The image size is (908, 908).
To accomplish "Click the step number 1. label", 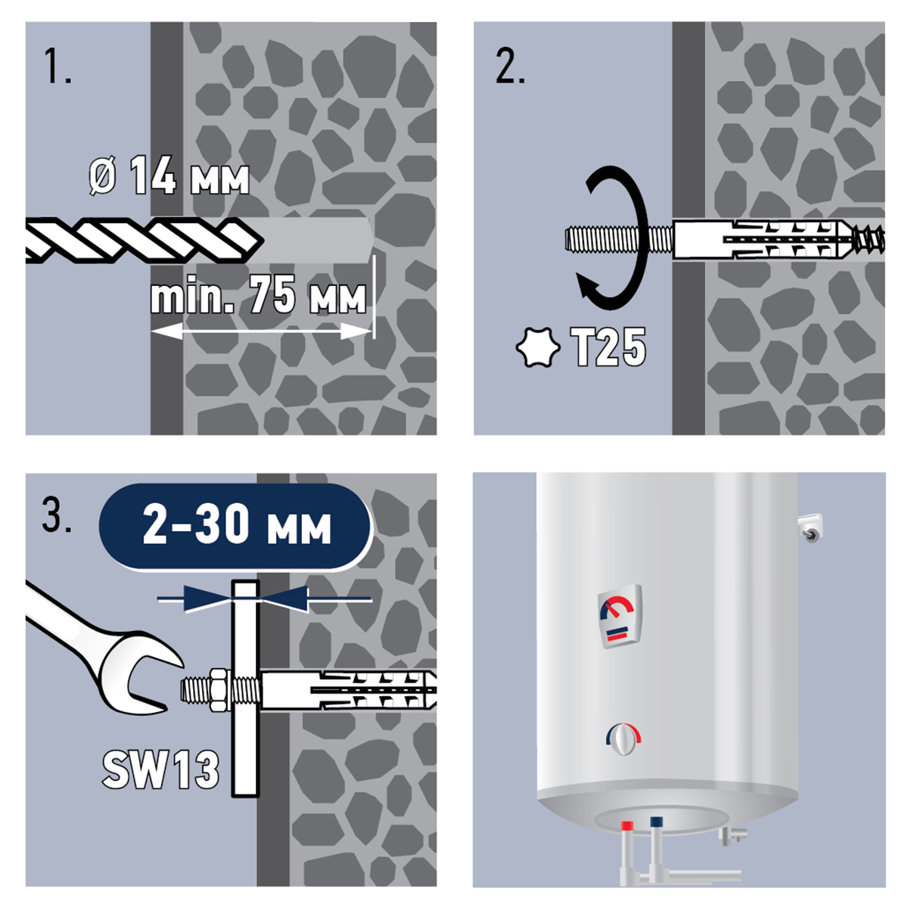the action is click(x=58, y=67).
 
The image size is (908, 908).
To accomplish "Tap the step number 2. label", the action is click(x=510, y=67).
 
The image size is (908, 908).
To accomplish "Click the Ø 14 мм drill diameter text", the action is click(x=169, y=176).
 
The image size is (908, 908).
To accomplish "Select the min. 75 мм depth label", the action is click(x=258, y=294).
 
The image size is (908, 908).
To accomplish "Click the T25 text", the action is click(x=608, y=347).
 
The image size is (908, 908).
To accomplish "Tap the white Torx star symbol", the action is click(x=538, y=347).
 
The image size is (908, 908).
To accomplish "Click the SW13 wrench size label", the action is click(x=160, y=770).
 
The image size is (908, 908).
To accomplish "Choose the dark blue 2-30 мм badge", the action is click(x=235, y=526).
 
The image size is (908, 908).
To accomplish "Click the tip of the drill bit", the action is click(x=262, y=241).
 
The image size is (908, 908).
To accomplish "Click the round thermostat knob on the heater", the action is click(x=623, y=739).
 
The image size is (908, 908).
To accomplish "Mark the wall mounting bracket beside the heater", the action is click(x=810, y=527).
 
